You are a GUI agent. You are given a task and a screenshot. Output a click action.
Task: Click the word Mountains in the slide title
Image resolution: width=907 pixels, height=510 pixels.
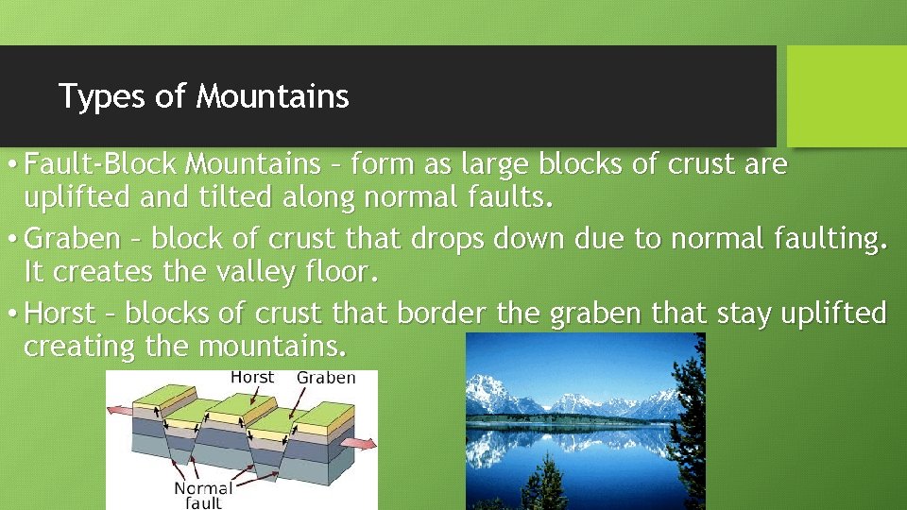[273, 96]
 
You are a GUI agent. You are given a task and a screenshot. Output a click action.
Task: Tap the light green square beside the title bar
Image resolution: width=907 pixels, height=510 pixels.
[847, 96]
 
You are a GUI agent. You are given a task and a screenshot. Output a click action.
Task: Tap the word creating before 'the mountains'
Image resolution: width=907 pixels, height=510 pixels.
[80, 347]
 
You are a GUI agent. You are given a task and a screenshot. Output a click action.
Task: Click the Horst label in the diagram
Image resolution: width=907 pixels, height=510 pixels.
[252, 377]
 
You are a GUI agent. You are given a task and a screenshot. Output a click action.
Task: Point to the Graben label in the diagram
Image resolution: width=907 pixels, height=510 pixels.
[326, 378]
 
